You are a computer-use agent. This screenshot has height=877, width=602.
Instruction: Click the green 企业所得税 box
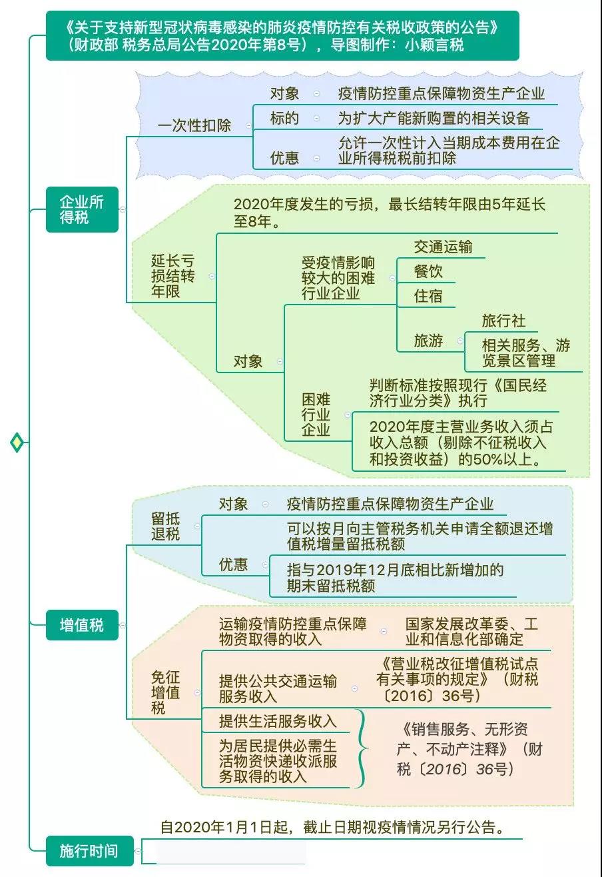coord(82,209)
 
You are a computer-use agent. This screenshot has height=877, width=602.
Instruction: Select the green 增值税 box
coord(82,625)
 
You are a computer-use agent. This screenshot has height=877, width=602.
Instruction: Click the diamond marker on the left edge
coord(17,442)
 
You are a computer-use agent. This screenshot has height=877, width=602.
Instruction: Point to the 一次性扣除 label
coord(194,125)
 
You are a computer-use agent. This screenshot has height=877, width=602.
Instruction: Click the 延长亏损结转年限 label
coord(172,276)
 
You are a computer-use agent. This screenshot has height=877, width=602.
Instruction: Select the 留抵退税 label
coord(165,526)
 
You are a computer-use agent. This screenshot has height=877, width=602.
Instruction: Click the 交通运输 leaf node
coord(444,247)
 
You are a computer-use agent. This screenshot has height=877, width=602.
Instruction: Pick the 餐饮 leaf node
coord(428,271)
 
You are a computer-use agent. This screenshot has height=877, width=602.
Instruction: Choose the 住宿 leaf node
coord(428,296)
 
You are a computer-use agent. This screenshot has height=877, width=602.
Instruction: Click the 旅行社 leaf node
coord(504,321)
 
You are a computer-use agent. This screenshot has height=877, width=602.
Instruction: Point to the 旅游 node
coord(428,341)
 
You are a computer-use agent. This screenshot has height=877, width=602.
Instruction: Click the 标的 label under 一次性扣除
coord(284,118)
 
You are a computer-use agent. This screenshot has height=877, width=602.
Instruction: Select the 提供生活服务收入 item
coord(278,721)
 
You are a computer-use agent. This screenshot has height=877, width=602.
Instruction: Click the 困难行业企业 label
coord(316,415)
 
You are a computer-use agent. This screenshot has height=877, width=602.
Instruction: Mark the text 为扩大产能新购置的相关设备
coord(434,118)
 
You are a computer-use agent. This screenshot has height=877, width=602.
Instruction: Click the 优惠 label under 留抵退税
coord(233,564)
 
